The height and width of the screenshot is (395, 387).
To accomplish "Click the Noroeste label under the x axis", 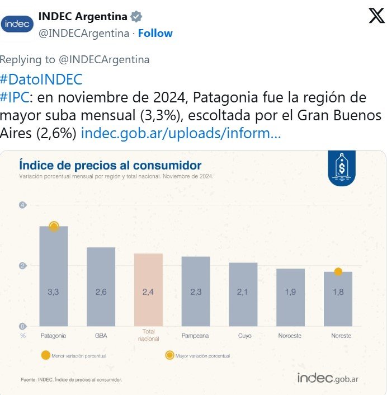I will [291, 336].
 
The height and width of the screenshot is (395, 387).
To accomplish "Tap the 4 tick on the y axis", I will [22, 205].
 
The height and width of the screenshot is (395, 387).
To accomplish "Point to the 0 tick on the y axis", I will [22, 326].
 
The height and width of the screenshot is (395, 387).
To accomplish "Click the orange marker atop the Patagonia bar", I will [54, 227].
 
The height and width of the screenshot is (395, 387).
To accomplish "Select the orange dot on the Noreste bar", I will [338, 272].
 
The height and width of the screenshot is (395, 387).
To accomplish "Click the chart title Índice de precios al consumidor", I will [110, 165].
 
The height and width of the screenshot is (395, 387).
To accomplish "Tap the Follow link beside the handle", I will [155, 33].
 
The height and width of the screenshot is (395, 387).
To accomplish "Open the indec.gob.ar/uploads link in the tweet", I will [181, 134].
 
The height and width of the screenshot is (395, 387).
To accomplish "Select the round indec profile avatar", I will [17, 23].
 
